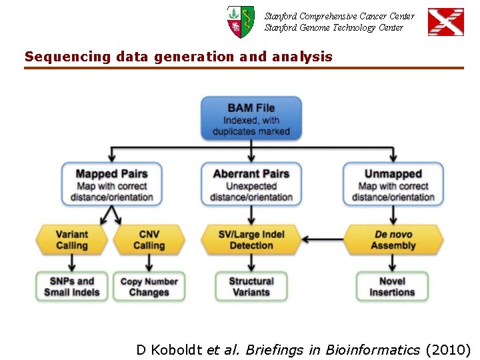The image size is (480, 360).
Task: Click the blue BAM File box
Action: tap(251, 118)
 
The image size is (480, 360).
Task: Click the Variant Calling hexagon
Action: tap(71, 240)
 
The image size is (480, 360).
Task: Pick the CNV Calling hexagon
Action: tap(149, 240)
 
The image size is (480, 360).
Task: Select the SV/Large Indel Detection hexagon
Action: tap(251, 240)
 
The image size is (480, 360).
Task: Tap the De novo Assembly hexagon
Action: tap(393, 240)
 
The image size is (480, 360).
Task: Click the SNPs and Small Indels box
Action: tap(71, 287)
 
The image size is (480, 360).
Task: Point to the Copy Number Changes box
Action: tap(149, 287)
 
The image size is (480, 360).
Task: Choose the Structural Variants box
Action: tap(251, 287)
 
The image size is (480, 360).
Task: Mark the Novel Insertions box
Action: tap(393, 287)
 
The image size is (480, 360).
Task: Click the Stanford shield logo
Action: tap(240, 22)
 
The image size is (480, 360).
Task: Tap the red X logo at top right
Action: tap(445, 22)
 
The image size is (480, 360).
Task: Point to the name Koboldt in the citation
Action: tap(177, 349)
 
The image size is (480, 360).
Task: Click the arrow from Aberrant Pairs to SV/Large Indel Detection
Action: tap(251, 215)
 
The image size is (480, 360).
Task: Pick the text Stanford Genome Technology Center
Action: tap(333, 27)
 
